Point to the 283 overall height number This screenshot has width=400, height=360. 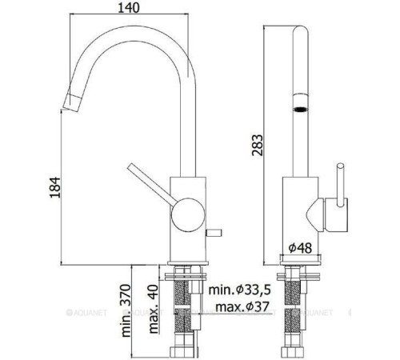click(x=256, y=147)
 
